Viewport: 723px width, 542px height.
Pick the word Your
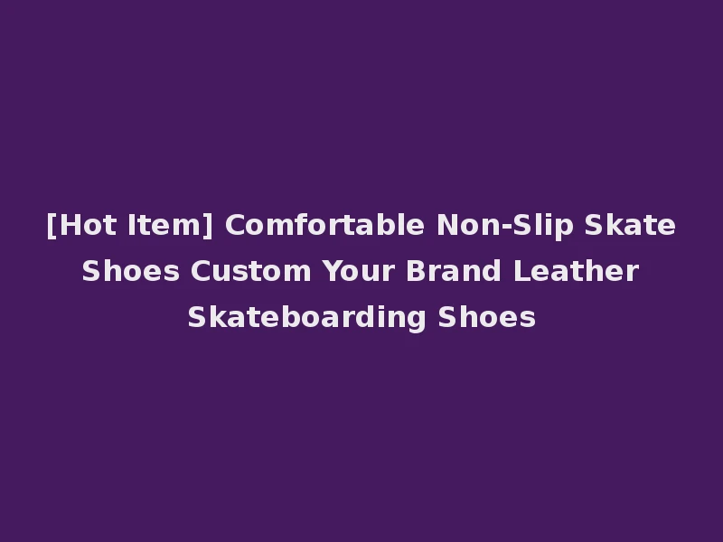[355, 271]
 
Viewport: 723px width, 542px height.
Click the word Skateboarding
[307, 317]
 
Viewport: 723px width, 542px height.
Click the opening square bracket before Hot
[51, 225]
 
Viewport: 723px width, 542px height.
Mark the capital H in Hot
[68, 225]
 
